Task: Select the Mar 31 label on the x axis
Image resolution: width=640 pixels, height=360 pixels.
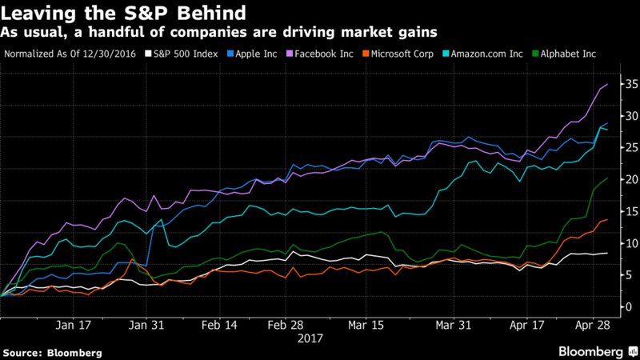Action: coord(453,326)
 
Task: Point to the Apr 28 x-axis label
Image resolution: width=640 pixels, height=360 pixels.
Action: coord(593,326)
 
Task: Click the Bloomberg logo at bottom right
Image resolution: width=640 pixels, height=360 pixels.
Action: coord(592,351)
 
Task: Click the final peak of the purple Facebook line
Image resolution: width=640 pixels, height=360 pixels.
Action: coord(607,84)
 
